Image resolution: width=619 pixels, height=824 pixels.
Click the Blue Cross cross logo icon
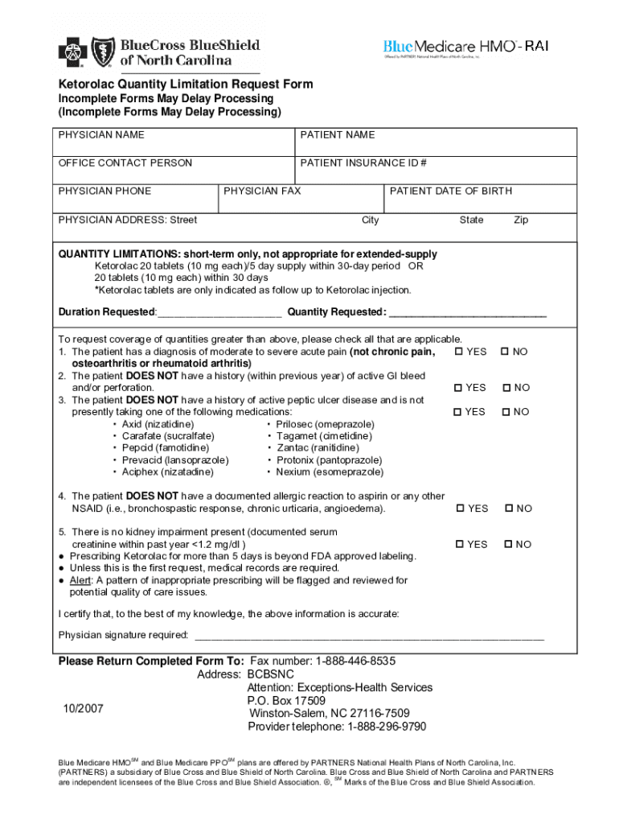tap(73, 53)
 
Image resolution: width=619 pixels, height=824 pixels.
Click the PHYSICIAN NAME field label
tap(101, 134)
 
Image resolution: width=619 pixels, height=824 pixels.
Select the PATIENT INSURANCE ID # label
tap(363, 163)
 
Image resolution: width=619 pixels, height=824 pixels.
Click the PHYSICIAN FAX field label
tap(262, 191)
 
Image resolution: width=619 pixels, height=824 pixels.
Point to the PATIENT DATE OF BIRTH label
tap(451, 191)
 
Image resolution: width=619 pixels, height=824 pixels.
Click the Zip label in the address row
tap(521, 220)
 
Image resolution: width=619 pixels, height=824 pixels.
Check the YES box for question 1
tap(459, 352)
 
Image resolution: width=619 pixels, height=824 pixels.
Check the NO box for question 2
tap(506, 388)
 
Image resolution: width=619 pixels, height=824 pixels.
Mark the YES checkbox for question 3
tap(459, 412)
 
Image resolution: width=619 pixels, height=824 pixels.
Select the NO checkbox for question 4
tap(508, 509)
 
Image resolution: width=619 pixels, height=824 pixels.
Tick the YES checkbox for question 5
tap(460, 545)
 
